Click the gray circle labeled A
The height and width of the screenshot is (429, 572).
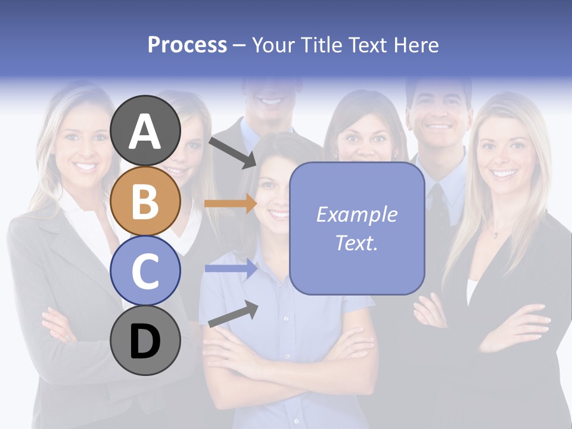coord(145,130)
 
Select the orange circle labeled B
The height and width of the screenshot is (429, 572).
coord(145,201)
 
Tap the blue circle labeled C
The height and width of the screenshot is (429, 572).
coord(145,271)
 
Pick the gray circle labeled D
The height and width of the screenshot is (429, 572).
coord(145,341)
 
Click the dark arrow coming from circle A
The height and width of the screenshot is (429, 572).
coord(232,153)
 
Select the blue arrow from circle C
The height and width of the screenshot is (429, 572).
coord(231,269)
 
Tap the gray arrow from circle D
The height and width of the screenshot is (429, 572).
coord(233,315)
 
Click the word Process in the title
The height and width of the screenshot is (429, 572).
coord(187,45)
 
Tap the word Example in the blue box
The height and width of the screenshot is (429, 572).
coord(356,214)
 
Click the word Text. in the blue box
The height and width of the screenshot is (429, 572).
coord(356,243)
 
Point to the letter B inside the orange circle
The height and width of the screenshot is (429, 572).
coord(145,201)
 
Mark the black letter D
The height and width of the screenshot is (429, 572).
coord(145,342)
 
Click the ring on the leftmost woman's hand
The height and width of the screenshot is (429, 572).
coord(67,338)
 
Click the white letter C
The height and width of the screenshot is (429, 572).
coord(145,272)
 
